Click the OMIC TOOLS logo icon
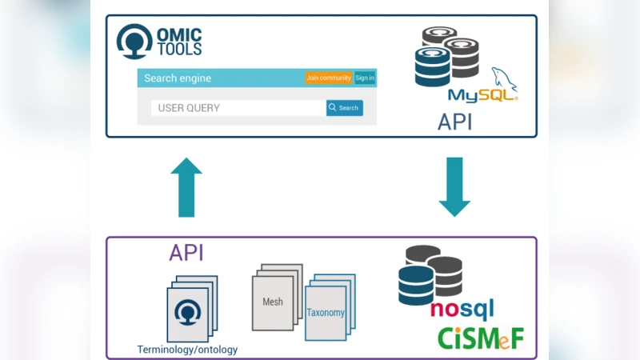pyautogui.click(x=134, y=42)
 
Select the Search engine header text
pyautogui.click(x=178, y=78)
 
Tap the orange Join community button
pyautogui.click(x=328, y=78)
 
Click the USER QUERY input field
pyautogui.click(x=238, y=108)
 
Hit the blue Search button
pyautogui.click(x=344, y=108)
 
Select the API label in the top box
pyautogui.click(x=454, y=122)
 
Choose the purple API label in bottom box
pyautogui.click(x=186, y=254)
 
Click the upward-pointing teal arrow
pyautogui.click(x=186, y=187)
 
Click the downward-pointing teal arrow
pyautogui.click(x=454, y=187)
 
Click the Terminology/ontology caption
pyautogui.click(x=187, y=350)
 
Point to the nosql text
pyautogui.click(x=462, y=310)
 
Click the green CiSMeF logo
pyautogui.click(x=480, y=338)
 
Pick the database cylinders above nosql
pyautogui.click(x=430, y=274)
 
